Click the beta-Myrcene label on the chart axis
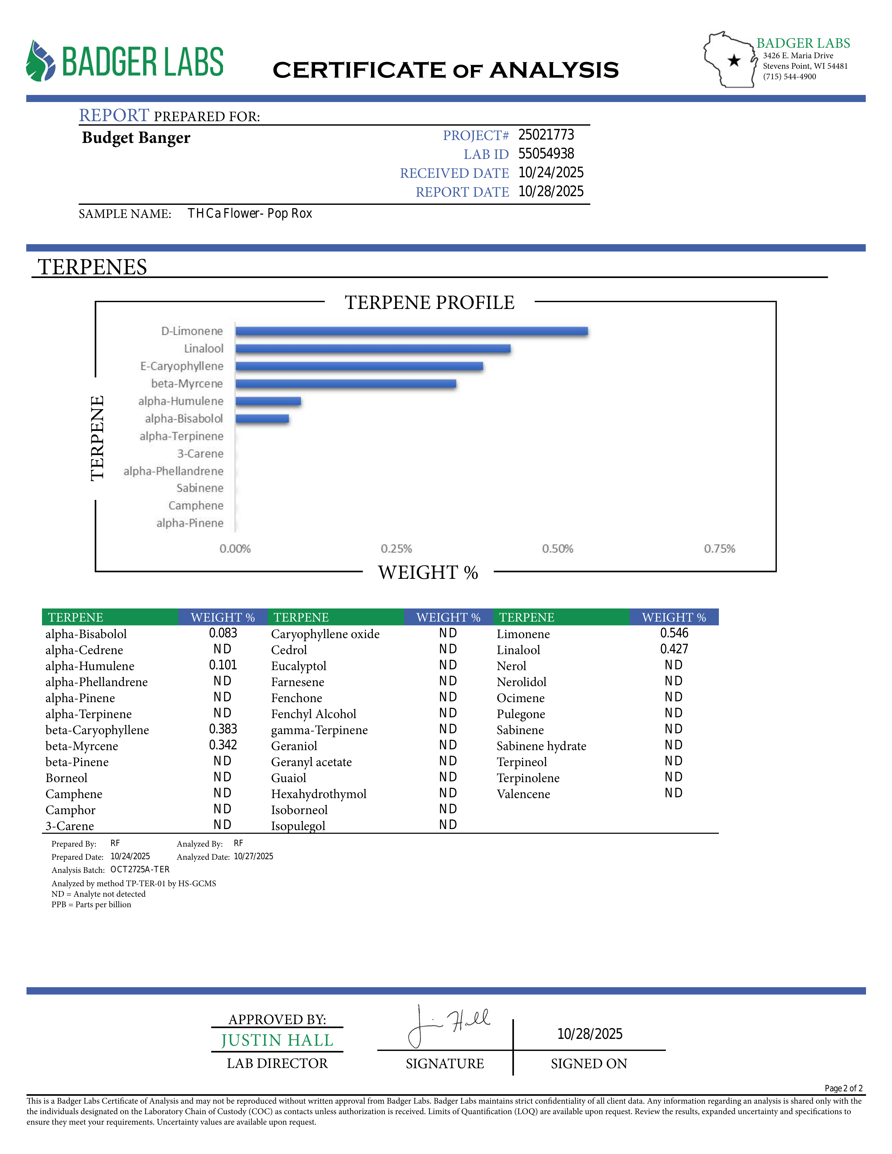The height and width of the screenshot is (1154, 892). (x=187, y=384)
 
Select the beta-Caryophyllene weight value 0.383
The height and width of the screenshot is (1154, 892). (x=223, y=729)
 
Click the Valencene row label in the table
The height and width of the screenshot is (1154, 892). (x=523, y=794)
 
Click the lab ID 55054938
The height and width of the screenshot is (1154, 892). (x=546, y=154)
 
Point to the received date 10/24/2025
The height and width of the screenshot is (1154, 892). (x=551, y=173)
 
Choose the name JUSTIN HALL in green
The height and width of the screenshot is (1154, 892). (x=277, y=1040)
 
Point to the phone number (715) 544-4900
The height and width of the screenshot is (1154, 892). (x=789, y=77)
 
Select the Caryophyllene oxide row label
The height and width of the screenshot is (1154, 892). (x=325, y=634)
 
